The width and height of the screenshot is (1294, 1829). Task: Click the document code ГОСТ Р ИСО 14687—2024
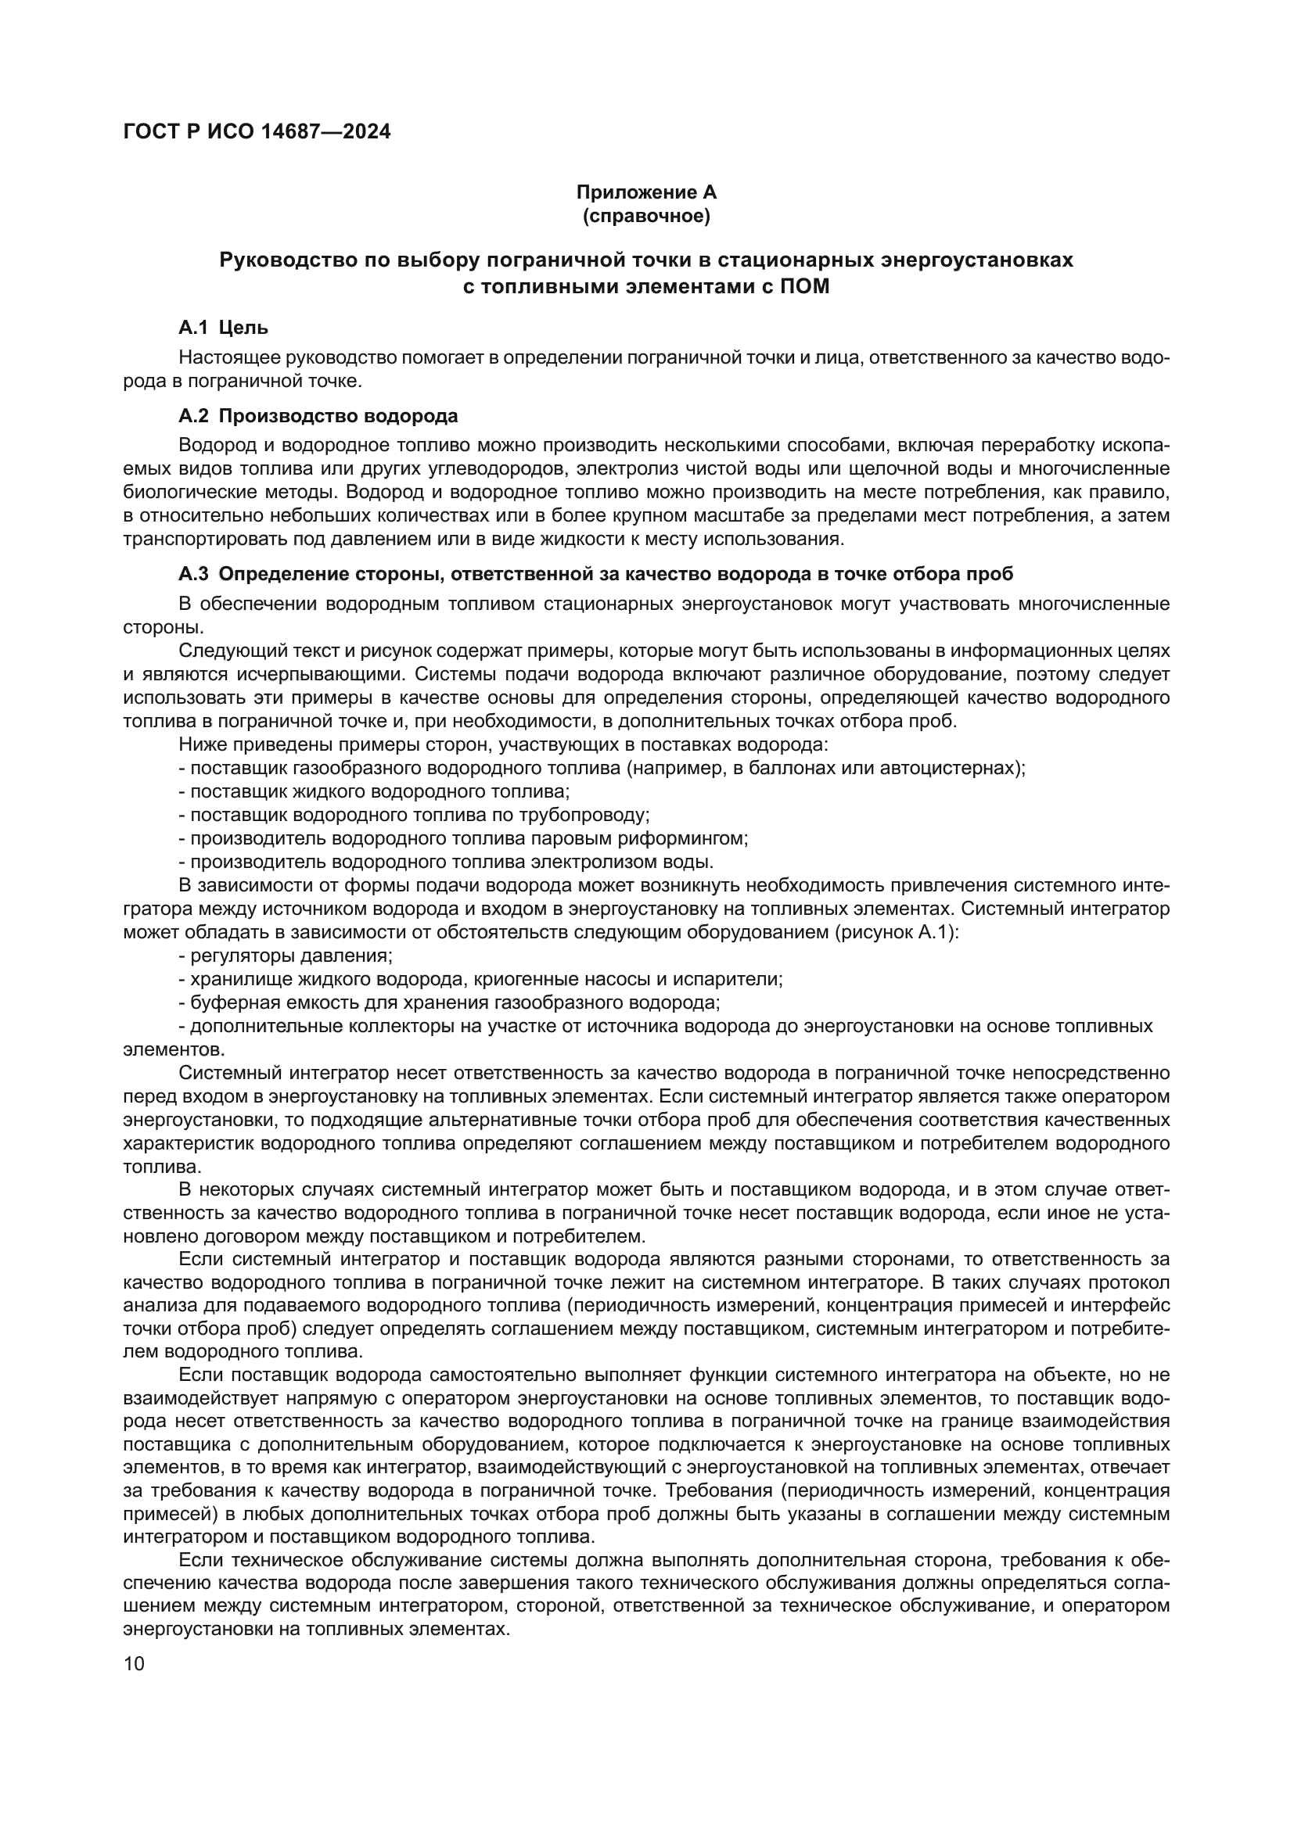(257, 132)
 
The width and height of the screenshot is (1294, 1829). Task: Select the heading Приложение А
(646, 192)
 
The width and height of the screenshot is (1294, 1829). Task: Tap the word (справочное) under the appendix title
(646, 216)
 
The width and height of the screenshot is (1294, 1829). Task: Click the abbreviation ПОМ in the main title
(807, 287)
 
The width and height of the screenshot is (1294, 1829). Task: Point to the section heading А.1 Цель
(223, 328)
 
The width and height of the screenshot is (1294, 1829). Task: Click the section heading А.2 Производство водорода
(318, 416)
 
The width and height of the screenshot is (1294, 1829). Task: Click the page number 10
(135, 1664)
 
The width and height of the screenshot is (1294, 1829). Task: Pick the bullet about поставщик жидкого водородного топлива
(375, 792)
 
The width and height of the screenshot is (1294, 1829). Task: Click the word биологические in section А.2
(185, 493)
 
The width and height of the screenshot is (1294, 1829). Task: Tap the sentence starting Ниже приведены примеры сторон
(504, 745)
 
